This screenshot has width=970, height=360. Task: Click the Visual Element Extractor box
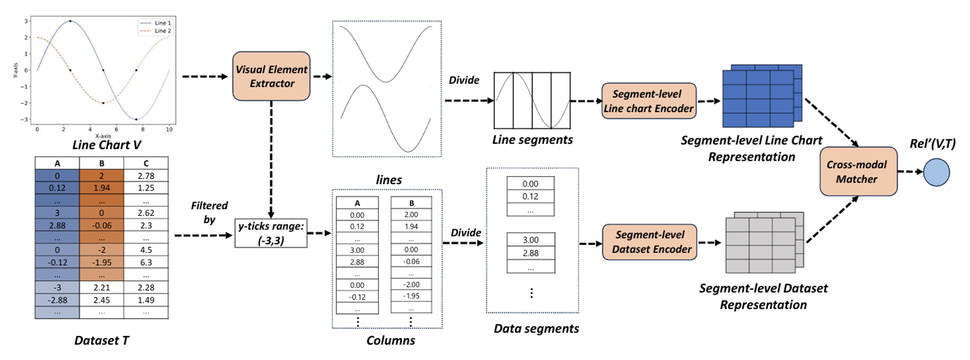[x=271, y=76]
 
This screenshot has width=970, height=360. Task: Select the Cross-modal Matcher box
[x=858, y=172]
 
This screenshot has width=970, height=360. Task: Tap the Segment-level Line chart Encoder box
[x=648, y=101]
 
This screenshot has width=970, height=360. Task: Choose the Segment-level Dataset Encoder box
[x=650, y=242]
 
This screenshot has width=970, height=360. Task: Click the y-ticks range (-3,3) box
[x=271, y=233]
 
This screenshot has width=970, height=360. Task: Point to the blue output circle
[x=936, y=172]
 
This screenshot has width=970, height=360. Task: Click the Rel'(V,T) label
[x=932, y=144]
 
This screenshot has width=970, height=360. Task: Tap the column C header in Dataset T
[x=146, y=163]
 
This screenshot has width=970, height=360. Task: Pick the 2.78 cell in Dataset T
[x=146, y=176]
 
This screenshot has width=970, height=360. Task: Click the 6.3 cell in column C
[x=146, y=262]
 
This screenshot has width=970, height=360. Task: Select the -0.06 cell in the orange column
[x=101, y=225]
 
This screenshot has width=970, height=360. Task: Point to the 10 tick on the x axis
[x=169, y=130]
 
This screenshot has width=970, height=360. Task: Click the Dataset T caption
[x=101, y=340]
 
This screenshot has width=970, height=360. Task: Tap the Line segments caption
[x=532, y=140]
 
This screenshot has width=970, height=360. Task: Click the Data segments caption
[x=536, y=329]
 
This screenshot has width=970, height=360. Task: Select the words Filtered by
[x=209, y=212]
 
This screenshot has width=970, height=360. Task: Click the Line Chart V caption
[x=107, y=145]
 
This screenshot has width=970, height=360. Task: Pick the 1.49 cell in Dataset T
[x=146, y=300]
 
